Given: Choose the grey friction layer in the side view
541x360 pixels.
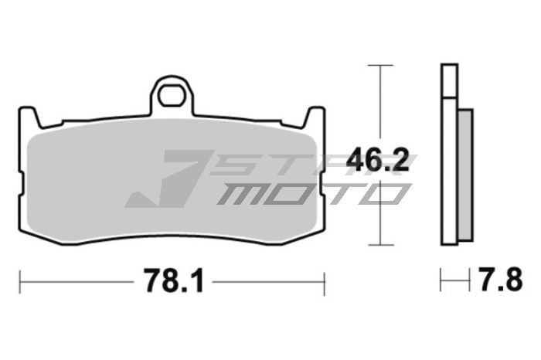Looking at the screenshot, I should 465,173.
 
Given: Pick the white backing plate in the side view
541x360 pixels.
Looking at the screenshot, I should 449,155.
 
